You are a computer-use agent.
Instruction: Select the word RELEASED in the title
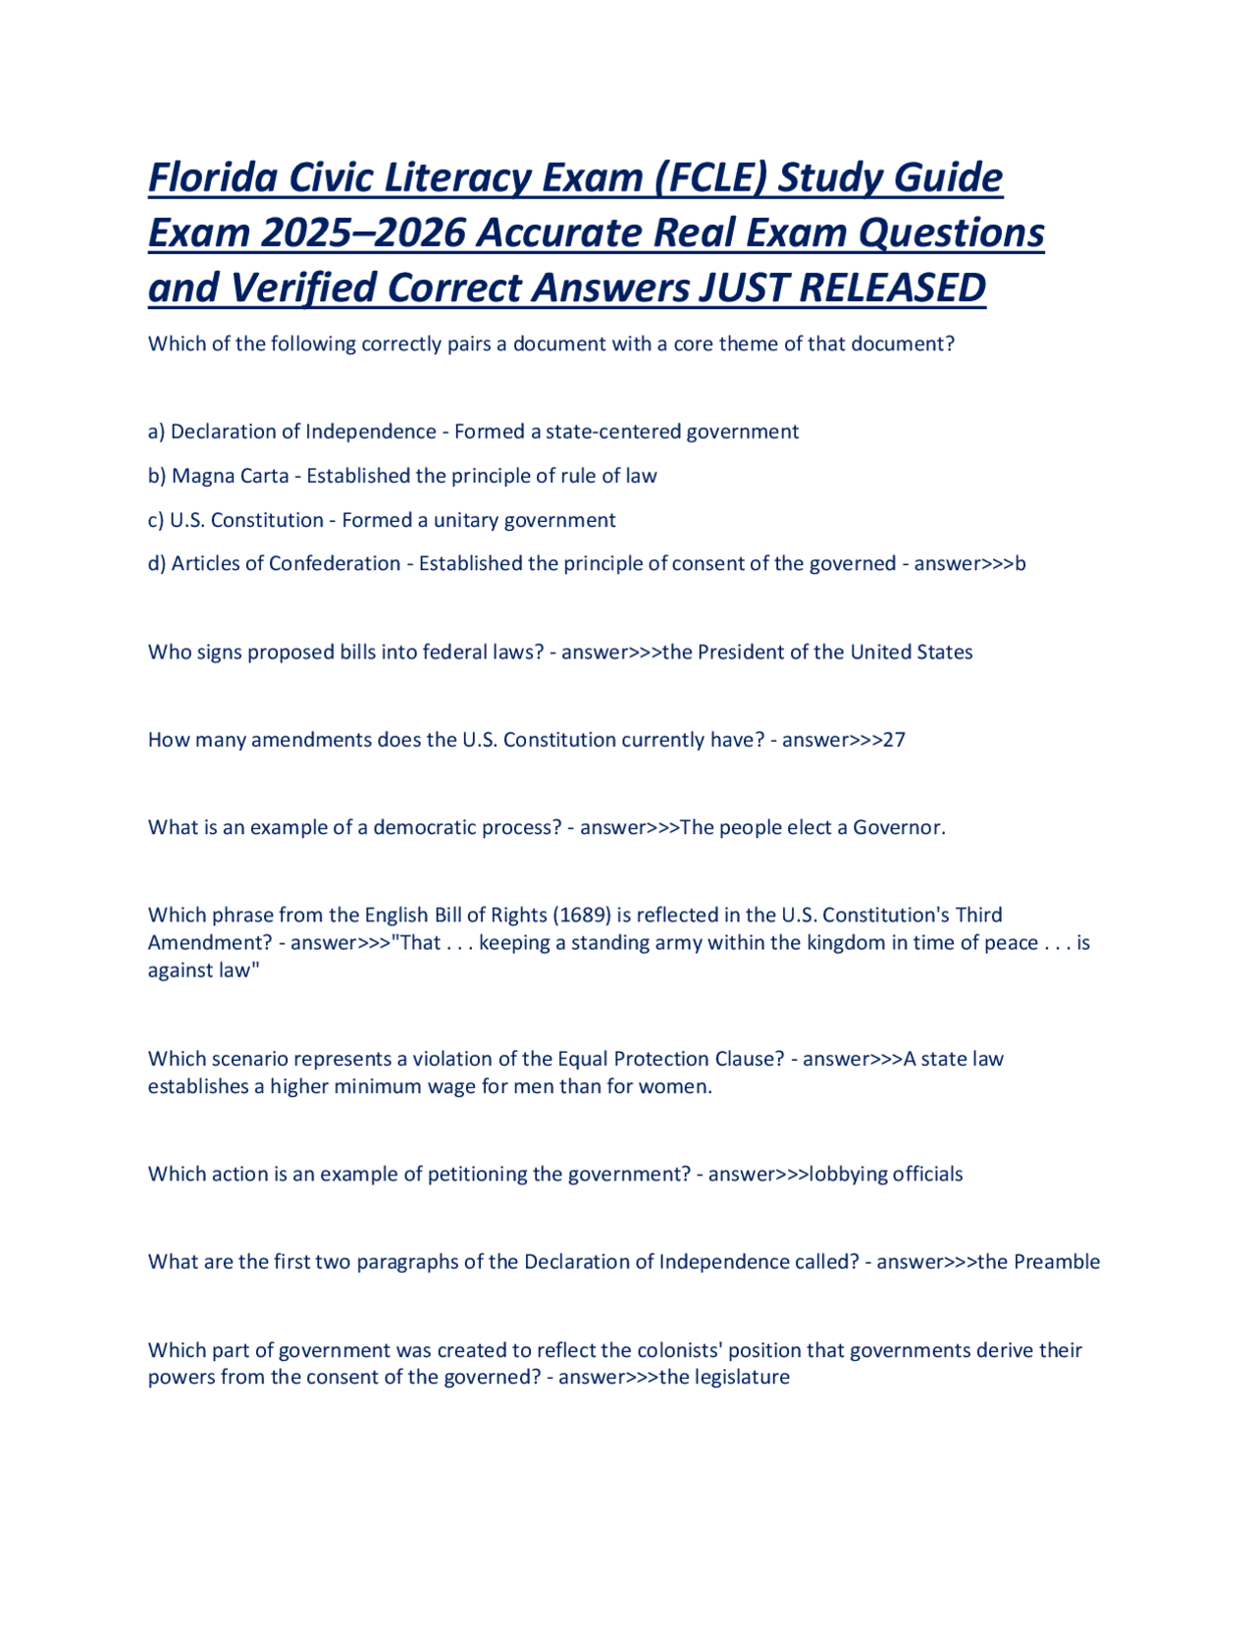pyautogui.click(x=892, y=288)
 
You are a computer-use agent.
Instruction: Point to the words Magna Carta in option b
pyautogui.click(x=230, y=476)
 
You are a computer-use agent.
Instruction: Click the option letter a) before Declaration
pyautogui.click(x=156, y=432)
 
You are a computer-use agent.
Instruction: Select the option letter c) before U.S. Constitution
pyautogui.click(x=156, y=520)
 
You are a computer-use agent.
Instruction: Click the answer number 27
pyautogui.click(x=894, y=740)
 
